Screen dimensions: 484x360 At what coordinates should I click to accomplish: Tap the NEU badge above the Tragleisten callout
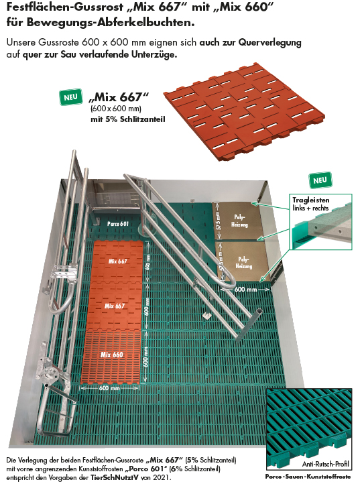click(x=319, y=180)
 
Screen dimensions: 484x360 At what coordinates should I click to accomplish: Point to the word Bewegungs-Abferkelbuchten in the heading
click(x=103, y=23)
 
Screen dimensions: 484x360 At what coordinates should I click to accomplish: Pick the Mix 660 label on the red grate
click(x=112, y=353)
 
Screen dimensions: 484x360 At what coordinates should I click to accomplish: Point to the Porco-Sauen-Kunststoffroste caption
click(x=308, y=475)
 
